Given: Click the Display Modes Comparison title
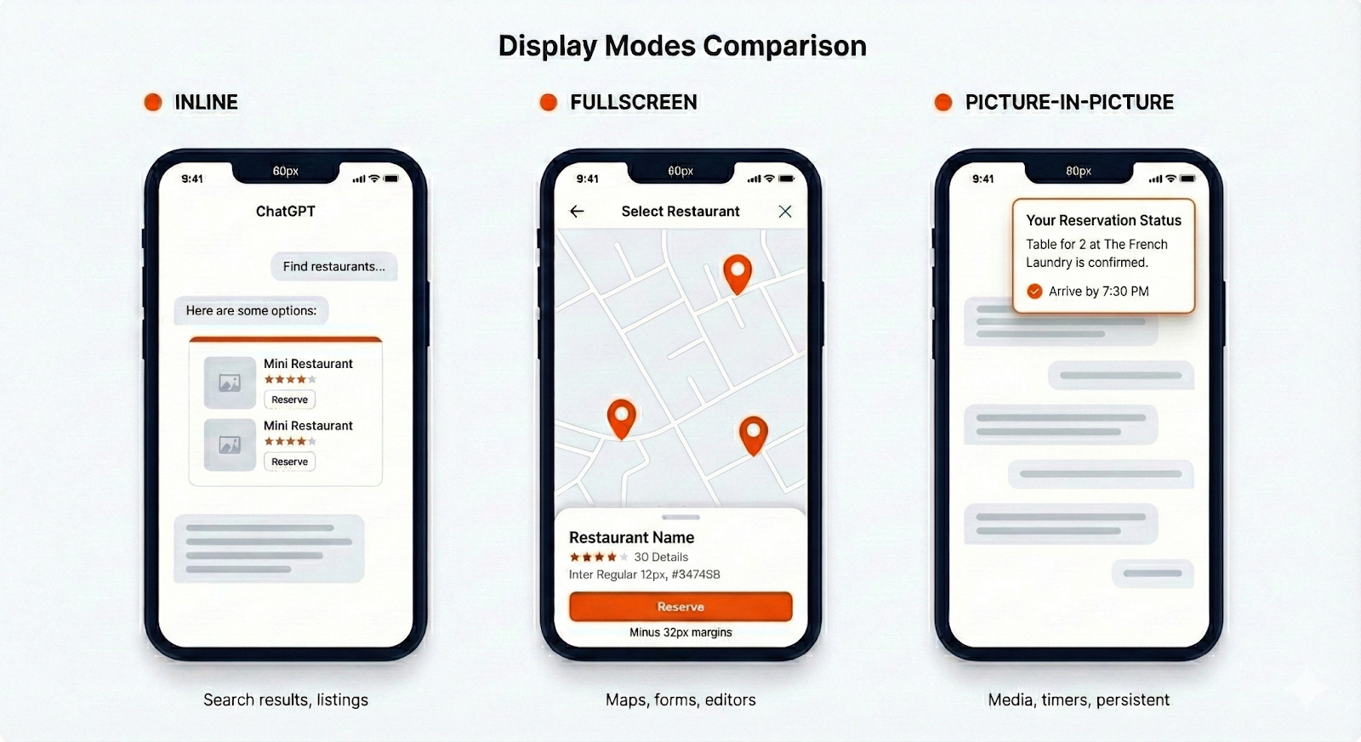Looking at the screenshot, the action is click(x=682, y=46).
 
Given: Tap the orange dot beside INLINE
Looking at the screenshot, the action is click(x=153, y=102).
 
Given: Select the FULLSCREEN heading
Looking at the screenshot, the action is click(x=633, y=102).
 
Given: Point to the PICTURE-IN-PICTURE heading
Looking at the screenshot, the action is click(x=1069, y=102).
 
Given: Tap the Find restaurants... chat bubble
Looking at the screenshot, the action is click(x=334, y=267).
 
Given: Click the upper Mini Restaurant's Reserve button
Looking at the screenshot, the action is click(x=289, y=399).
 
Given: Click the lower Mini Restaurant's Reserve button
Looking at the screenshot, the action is click(x=289, y=462).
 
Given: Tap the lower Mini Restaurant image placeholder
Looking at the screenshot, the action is click(x=230, y=445).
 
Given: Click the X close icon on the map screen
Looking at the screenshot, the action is click(x=785, y=212).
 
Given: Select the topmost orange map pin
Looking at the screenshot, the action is click(x=737, y=271).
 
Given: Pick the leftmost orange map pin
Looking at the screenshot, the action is click(x=622, y=416).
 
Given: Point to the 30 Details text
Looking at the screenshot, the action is click(x=661, y=557).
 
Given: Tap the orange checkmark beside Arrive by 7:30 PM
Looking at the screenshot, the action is click(x=1034, y=292).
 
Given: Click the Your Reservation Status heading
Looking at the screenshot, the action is click(x=1103, y=220).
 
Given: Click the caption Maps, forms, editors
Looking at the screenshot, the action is click(x=680, y=700).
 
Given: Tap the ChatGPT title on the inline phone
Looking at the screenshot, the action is click(x=286, y=212).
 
